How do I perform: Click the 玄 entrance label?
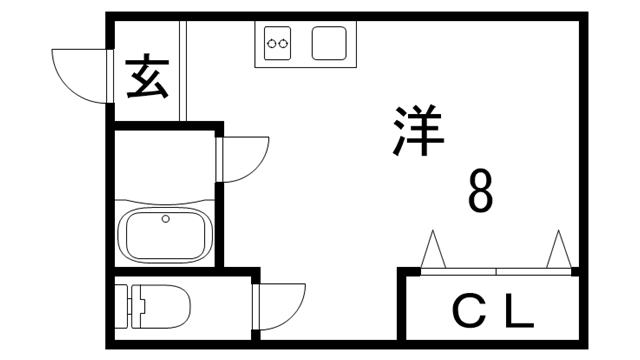(x=147, y=78)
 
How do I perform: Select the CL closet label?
(x=492, y=314)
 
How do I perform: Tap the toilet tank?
(x=123, y=307)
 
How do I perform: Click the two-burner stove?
(x=278, y=42)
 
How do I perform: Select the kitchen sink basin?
(x=329, y=43)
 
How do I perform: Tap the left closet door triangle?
(x=434, y=249)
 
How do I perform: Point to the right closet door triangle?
(x=558, y=249)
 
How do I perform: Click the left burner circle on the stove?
(x=272, y=42)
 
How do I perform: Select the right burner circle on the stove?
(x=284, y=42)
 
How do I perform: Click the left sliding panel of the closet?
(x=459, y=270)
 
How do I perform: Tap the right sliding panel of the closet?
(x=533, y=270)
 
